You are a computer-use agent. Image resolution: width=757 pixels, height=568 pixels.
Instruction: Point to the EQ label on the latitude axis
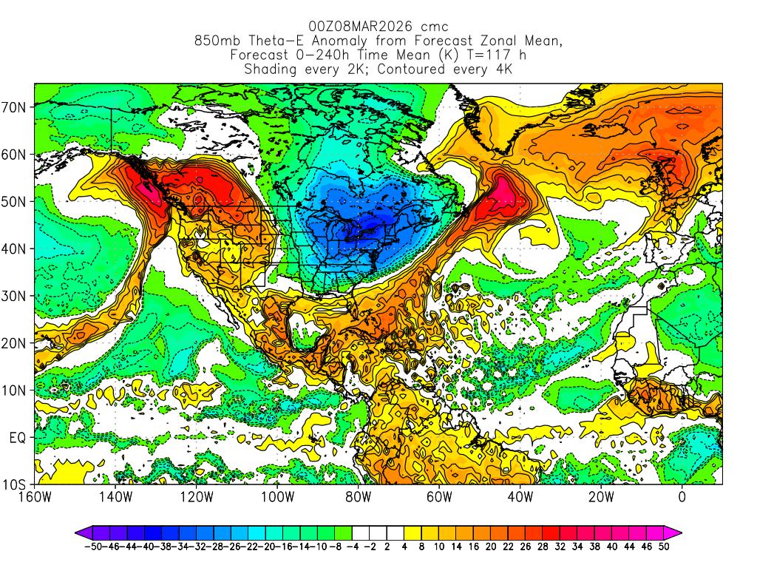18,437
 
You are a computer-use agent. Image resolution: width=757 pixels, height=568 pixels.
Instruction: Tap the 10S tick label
16,484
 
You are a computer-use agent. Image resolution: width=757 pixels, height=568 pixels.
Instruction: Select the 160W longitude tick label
35,496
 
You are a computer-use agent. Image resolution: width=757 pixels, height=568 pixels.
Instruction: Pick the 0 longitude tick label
682,496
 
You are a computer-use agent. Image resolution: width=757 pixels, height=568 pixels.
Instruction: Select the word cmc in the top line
435,26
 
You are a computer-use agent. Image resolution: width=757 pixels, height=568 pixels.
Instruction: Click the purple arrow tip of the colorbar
80,532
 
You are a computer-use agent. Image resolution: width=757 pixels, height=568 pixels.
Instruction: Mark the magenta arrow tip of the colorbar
677,532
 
